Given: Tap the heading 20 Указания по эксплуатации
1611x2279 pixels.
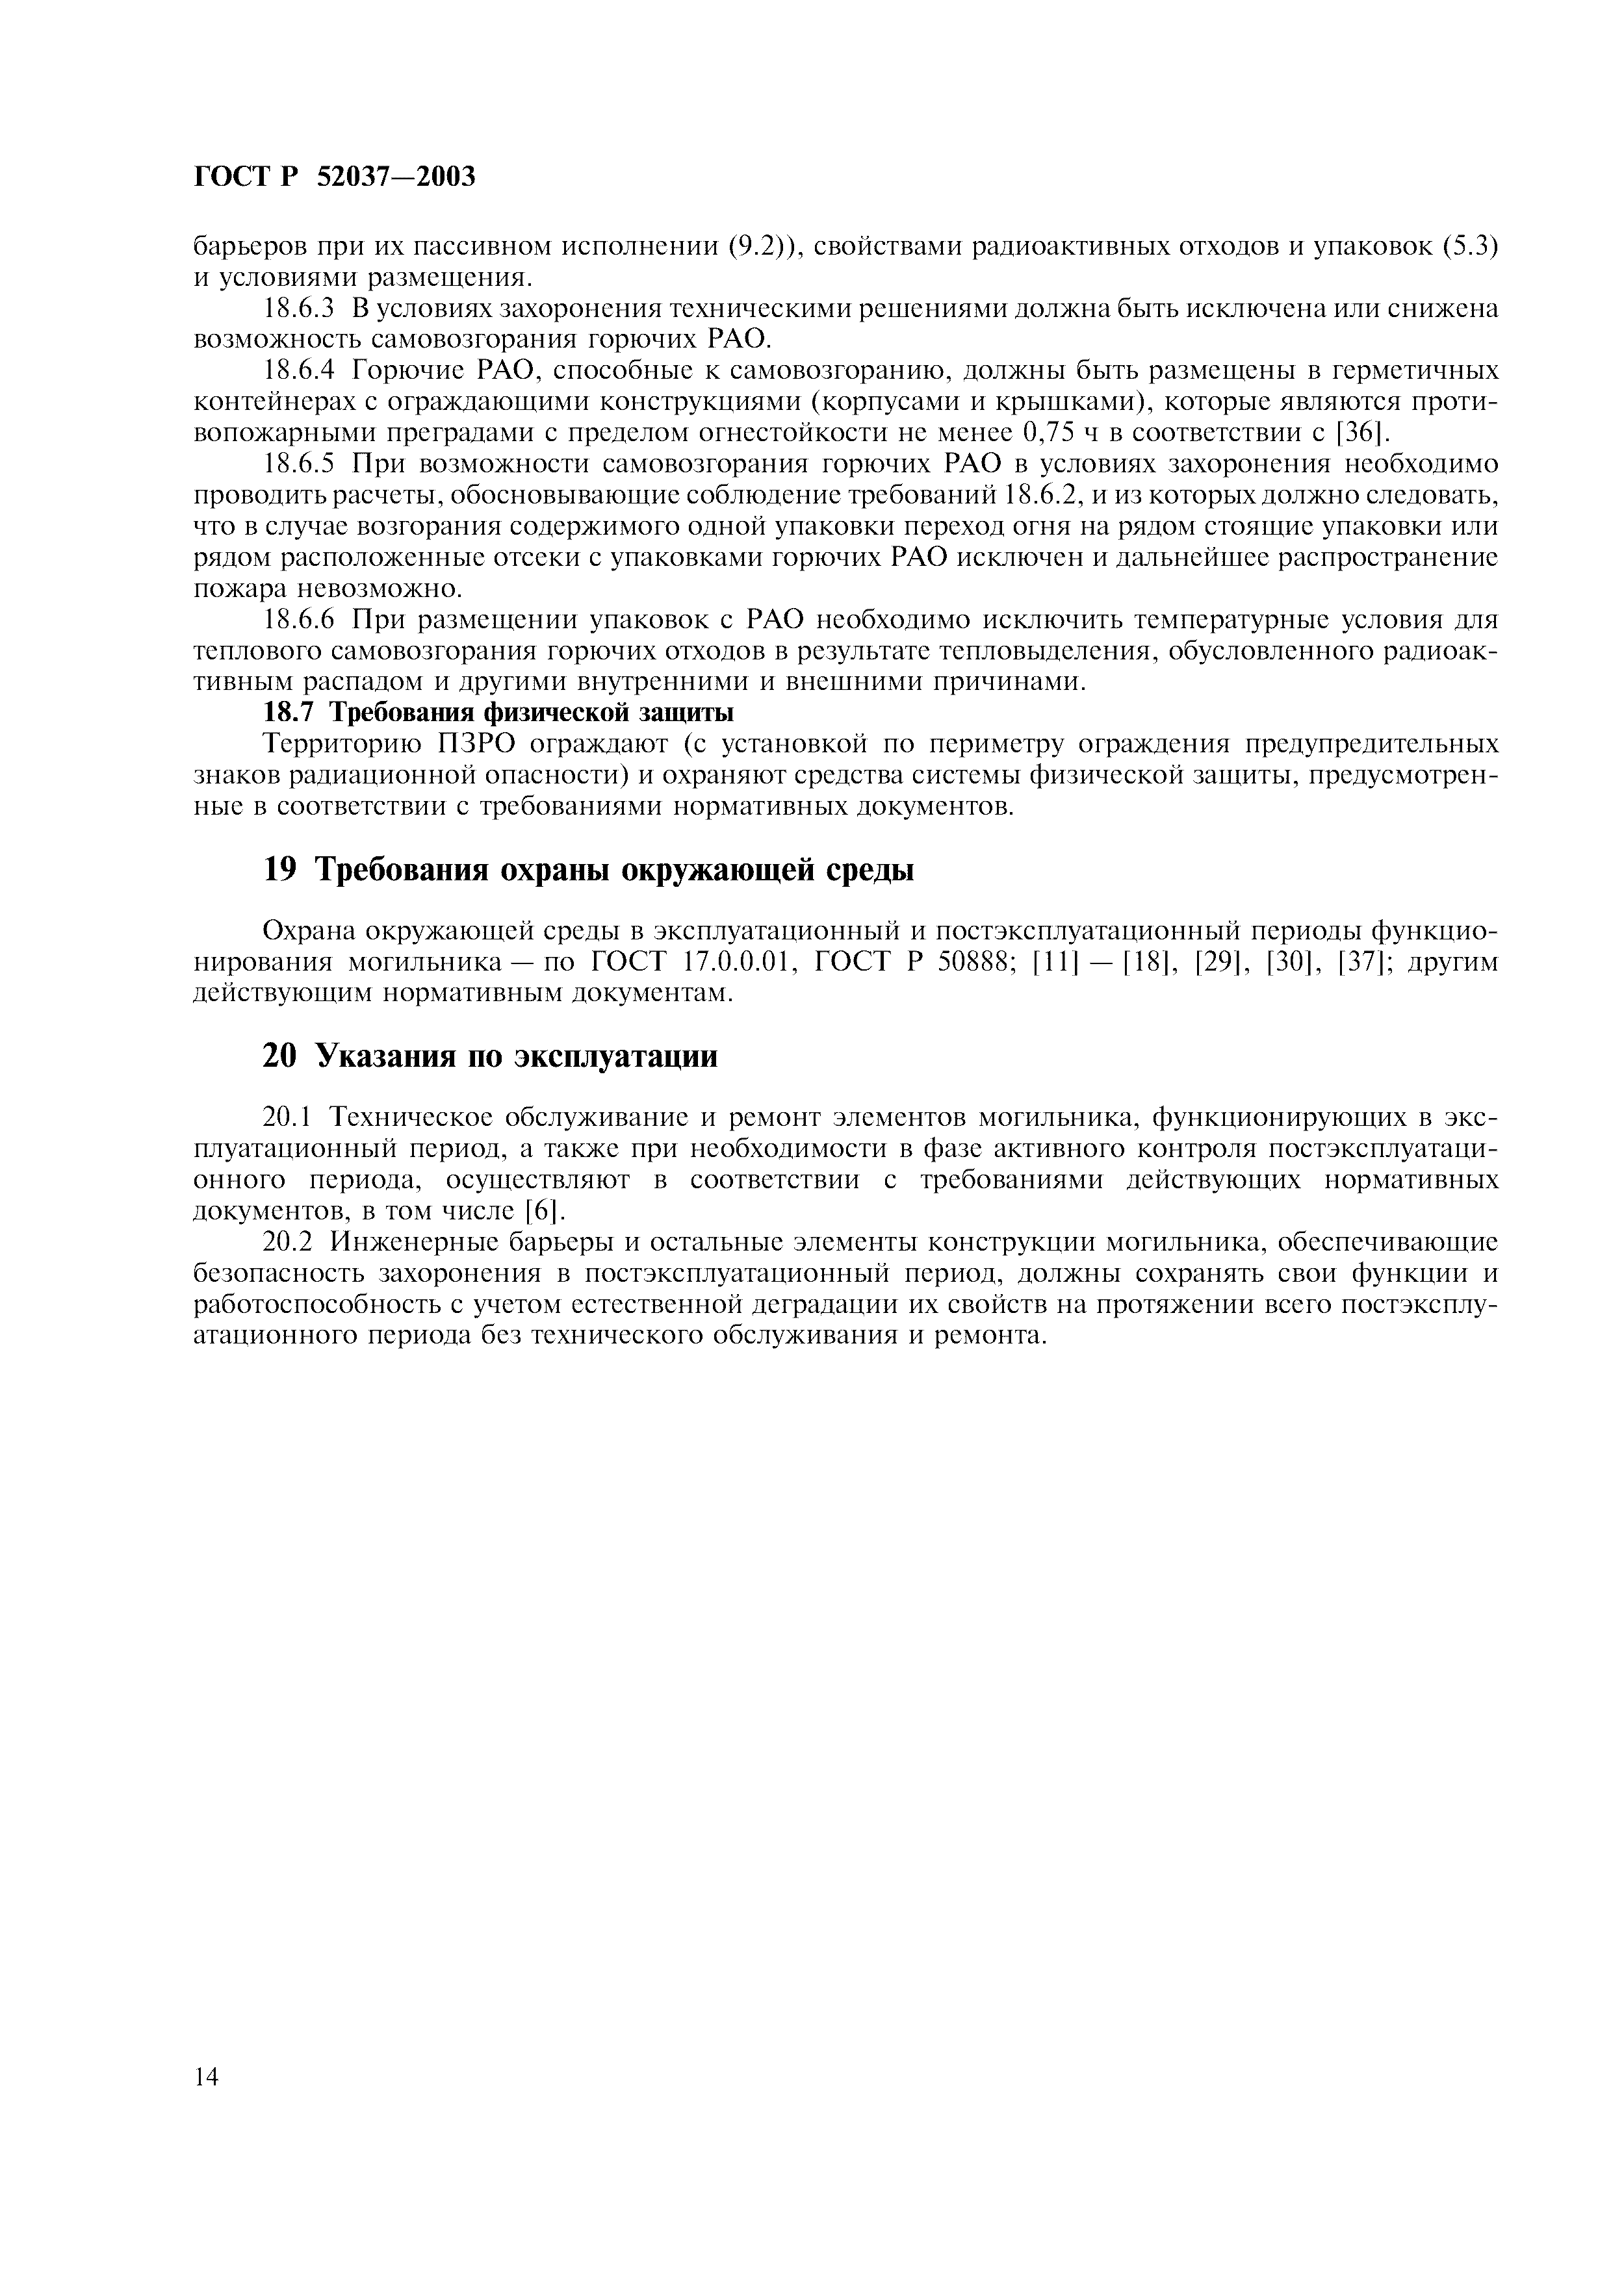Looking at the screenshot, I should (489, 1056).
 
